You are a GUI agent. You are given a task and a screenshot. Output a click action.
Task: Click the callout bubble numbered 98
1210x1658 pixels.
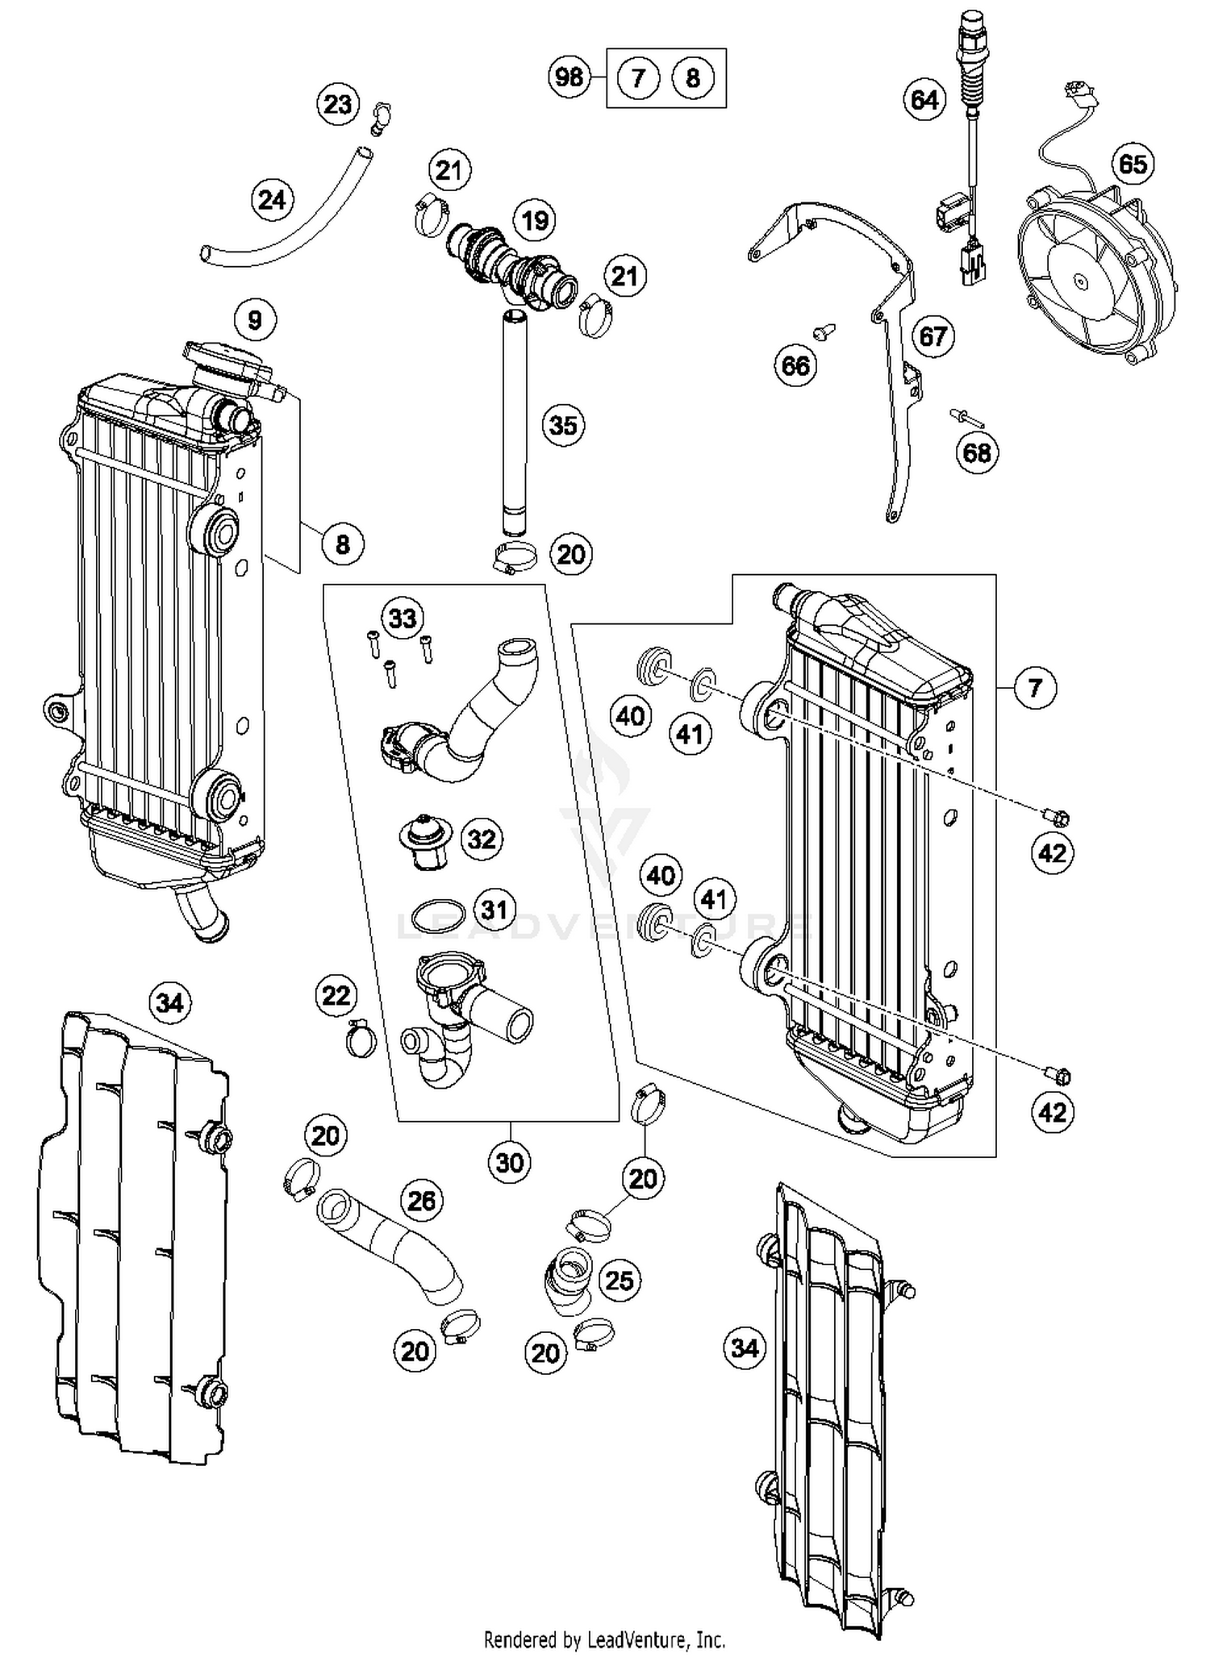(570, 77)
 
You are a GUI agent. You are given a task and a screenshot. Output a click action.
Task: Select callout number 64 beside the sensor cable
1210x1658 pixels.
(924, 100)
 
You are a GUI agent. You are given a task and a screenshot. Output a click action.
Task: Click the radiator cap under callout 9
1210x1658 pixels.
(226, 362)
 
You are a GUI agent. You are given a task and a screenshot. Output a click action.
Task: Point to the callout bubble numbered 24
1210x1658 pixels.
(272, 199)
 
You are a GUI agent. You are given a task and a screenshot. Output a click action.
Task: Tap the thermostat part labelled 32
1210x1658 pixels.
(426, 842)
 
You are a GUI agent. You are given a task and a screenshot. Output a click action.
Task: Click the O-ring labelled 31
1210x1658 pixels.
(438, 916)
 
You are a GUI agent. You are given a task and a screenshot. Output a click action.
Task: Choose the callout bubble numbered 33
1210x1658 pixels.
(403, 619)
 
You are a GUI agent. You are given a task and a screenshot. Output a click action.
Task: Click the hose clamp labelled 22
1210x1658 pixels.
(360, 1038)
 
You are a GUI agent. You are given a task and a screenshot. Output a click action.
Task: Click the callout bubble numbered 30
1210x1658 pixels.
(510, 1162)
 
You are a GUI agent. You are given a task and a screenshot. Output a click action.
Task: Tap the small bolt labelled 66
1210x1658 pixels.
(824, 331)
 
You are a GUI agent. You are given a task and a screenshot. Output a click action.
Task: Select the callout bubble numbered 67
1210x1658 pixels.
(933, 336)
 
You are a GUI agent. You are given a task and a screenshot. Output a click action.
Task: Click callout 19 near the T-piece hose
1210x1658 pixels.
(535, 220)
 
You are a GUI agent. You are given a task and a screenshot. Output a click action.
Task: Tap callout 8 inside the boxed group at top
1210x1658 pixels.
(692, 78)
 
